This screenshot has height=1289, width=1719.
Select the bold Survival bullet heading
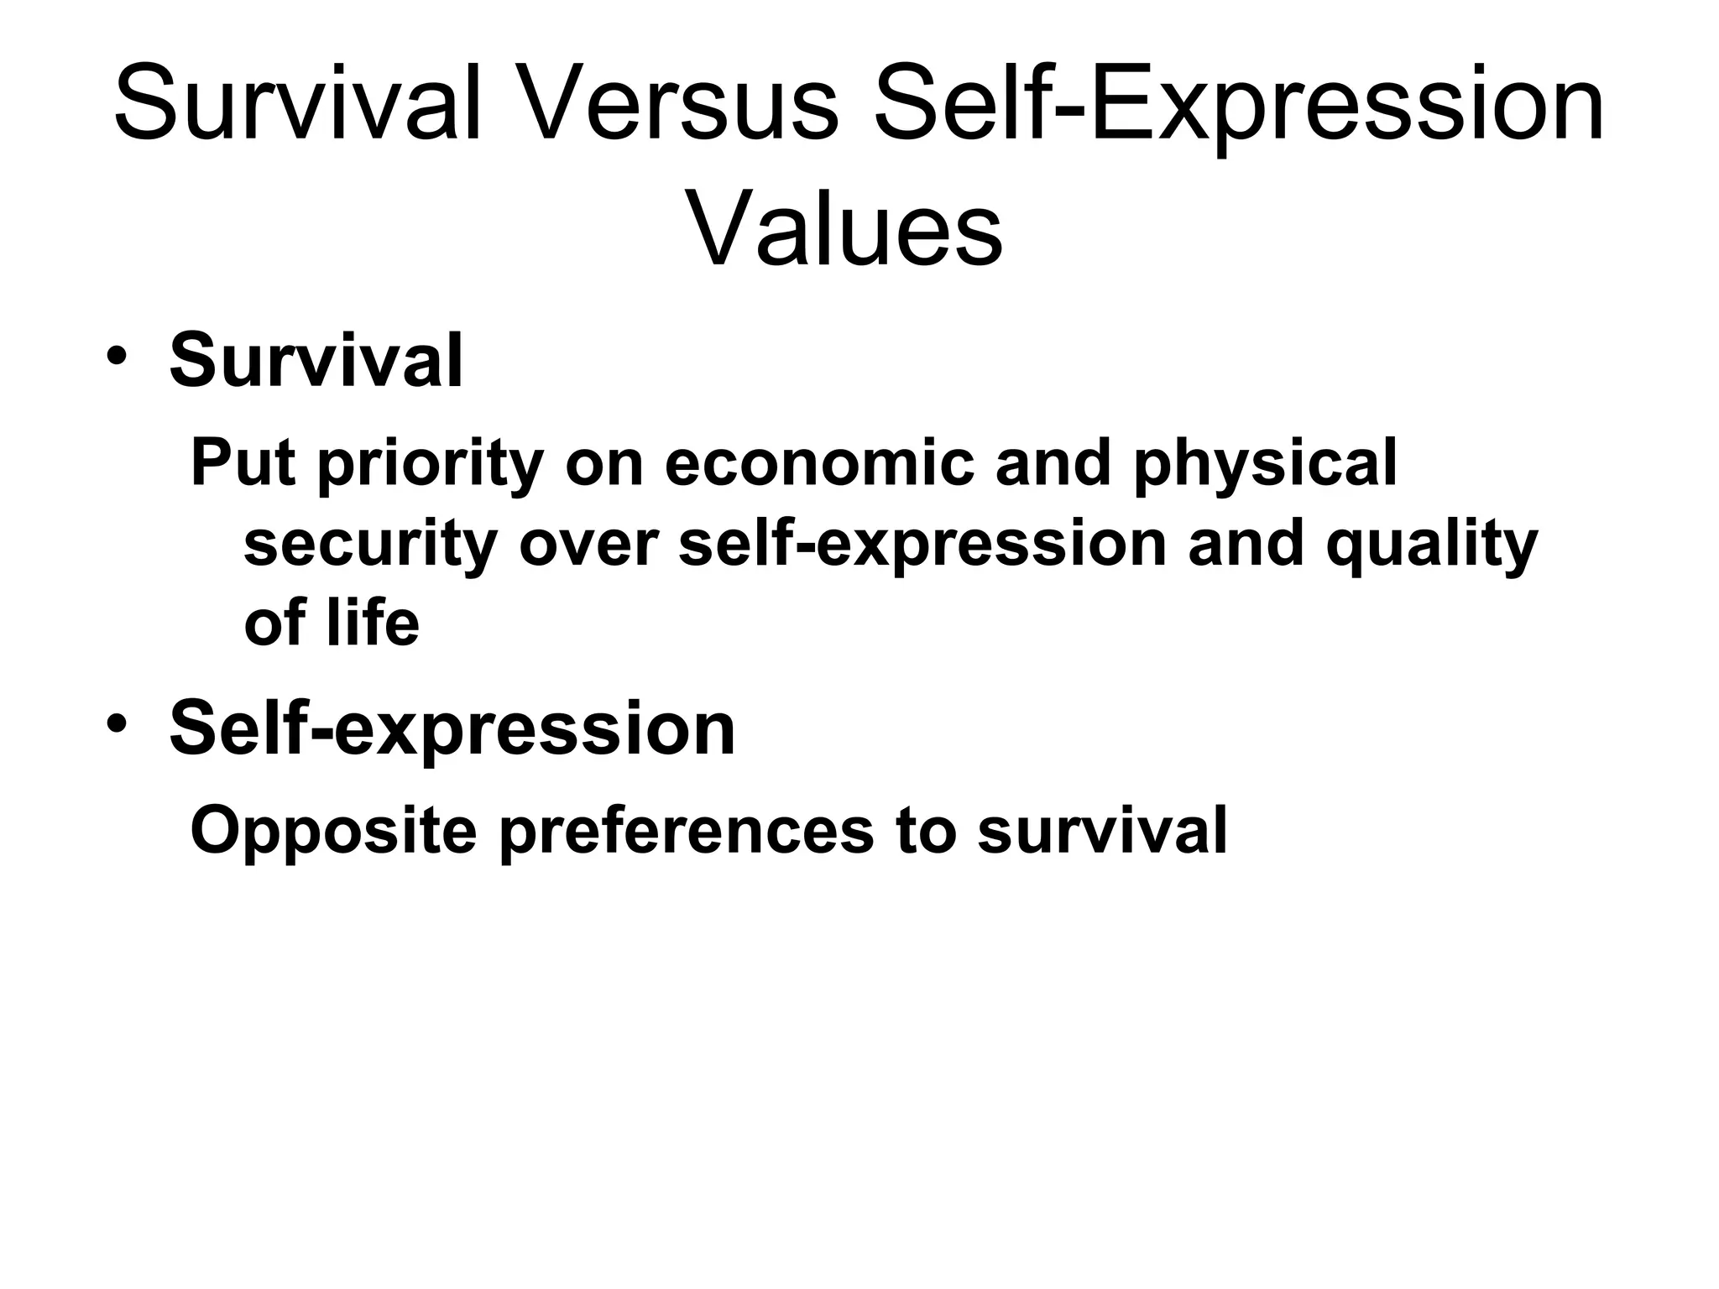coord(316,361)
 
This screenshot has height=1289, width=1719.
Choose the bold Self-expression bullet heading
coord(452,728)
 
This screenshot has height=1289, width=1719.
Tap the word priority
coord(431,464)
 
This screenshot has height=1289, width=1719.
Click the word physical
coord(1265,464)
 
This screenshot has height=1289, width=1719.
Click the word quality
coord(1431,545)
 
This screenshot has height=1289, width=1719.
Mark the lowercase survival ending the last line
coord(1101,829)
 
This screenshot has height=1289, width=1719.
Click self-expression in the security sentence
coord(922,545)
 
